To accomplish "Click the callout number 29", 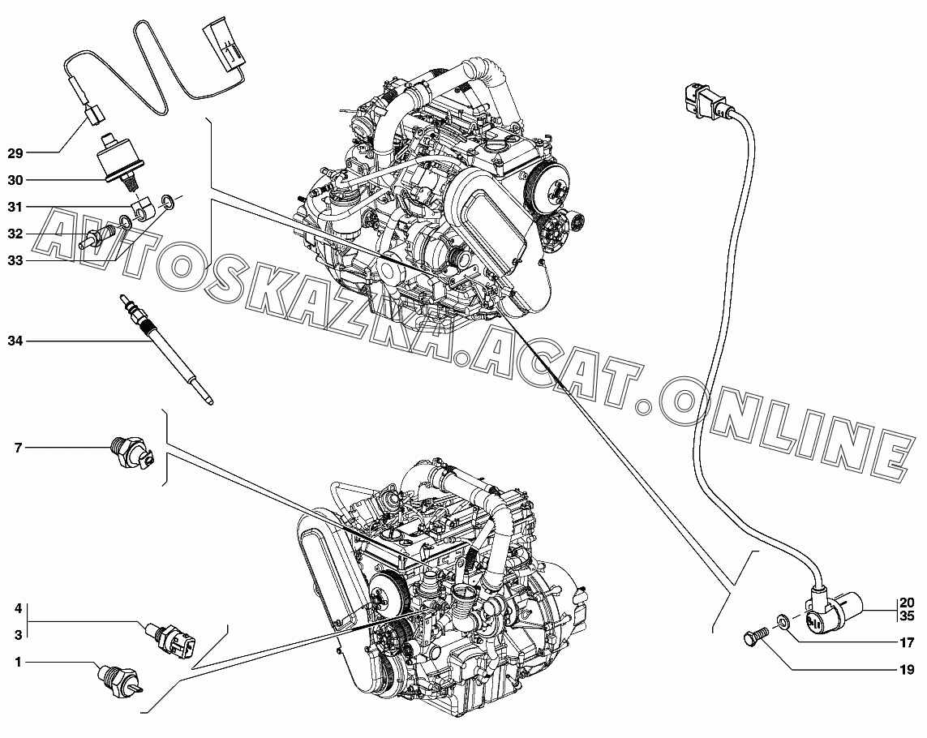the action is tap(15, 153).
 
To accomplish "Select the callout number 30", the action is tap(15, 180).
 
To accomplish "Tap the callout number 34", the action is tap(15, 341).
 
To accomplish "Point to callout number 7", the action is tap(18, 448).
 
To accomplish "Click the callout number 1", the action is tap(18, 662).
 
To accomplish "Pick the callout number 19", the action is tap(907, 669).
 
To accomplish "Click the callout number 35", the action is tap(907, 616).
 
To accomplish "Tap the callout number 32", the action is tap(15, 234).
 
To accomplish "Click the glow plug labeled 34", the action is tap(166, 348).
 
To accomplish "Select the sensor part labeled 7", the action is tap(132, 453).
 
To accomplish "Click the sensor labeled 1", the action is tap(119, 678).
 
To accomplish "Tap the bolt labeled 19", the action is tap(753, 637).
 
